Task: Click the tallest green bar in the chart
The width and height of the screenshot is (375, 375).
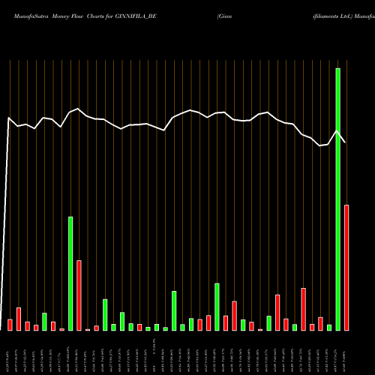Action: [337, 199]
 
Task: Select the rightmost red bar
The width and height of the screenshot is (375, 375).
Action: [346, 267]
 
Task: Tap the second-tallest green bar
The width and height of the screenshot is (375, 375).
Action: [70, 273]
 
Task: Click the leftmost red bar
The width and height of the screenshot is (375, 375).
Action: [10, 325]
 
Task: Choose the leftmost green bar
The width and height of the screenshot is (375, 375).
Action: [44, 321]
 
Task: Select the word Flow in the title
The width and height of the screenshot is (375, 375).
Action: [82, 15]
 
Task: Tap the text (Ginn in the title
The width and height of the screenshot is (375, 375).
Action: [225, 15]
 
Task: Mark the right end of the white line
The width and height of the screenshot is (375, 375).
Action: [346, 142]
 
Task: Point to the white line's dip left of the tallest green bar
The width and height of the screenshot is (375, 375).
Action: [320, 145]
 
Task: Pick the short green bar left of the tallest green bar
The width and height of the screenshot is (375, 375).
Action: [329, 327]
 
